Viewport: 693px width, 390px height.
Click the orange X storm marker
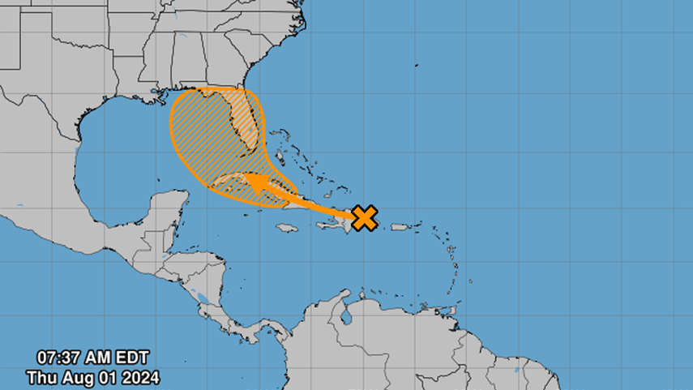(x=366, y=217)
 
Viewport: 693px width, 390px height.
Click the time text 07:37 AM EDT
(x=93, y=358)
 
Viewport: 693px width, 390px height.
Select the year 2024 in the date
(x=141, y=377)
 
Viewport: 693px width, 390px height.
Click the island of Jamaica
(x=287, y=228)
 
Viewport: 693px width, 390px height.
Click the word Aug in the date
(x=78, y=377)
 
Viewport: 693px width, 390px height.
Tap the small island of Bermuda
(x=416, y=66)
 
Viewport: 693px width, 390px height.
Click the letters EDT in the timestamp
(x=132, y=358)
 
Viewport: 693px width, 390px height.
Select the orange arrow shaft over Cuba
(x=300, y=199)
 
